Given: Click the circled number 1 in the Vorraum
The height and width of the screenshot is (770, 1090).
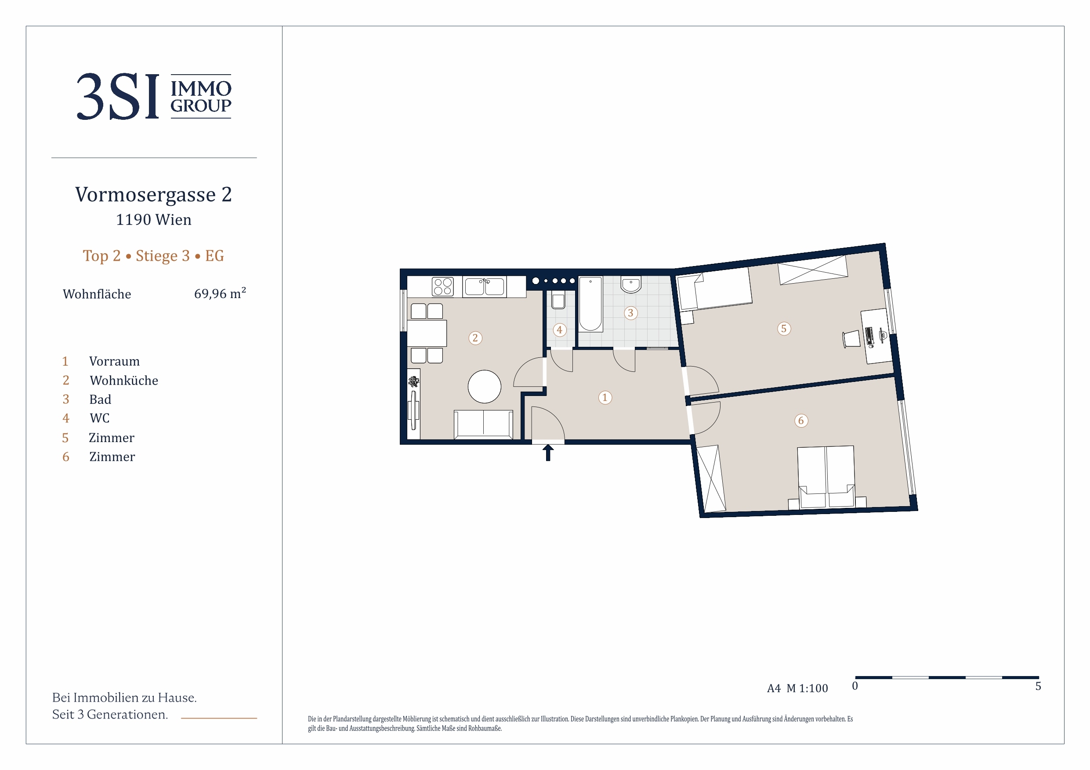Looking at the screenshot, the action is [x=605, y=398].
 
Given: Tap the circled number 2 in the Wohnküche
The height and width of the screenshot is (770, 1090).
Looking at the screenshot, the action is [x=475, y=338].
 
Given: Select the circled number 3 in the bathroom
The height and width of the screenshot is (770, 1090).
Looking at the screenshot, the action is [x=630, y=313].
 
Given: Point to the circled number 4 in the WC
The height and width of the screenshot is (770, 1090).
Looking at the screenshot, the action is [x=560, y=330].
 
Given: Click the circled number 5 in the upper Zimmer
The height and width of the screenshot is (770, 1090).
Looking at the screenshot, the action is [x=784, y=328].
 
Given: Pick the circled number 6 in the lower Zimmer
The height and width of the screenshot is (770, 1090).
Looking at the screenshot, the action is [x=801, y=421].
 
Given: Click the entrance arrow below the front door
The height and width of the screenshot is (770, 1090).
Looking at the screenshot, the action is [x=548, y=453].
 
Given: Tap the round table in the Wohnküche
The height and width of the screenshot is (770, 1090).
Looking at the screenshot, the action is [x=484, y=387].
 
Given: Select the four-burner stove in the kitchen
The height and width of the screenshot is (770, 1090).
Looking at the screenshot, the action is [x=442, y=287].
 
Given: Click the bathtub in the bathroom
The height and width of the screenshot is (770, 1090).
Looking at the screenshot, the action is [x=590, y=304].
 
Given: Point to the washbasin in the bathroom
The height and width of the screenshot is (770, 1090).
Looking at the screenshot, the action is [x=631, y=284].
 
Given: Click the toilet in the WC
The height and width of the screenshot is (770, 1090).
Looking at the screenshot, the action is [x=558, y=300].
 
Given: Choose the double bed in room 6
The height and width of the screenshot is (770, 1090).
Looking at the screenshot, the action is [x=826, y=477].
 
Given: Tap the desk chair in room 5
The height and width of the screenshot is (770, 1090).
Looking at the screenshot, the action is [x=851, y=339].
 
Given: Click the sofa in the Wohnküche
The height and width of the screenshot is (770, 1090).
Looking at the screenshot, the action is [x=483, y=424].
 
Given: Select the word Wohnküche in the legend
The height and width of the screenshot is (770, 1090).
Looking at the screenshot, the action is [x=124, y=381].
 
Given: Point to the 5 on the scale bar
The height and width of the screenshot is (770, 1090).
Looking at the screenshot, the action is [x=1038, y=686].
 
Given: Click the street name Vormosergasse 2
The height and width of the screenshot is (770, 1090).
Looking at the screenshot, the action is [x=154, y=194].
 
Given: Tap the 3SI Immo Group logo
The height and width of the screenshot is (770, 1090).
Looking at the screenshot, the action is [x=154, y=96].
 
